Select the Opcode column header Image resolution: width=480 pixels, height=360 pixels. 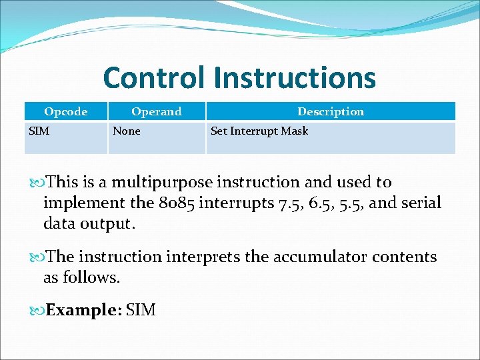click(65, 111)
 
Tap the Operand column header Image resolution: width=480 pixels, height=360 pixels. click(156, 111)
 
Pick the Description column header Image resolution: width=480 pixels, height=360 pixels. click(331, 111)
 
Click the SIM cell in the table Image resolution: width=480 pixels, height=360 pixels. click(39, 131)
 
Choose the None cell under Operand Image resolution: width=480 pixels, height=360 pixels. click(127, 131)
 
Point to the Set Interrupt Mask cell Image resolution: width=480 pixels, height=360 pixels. click(259, 131)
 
